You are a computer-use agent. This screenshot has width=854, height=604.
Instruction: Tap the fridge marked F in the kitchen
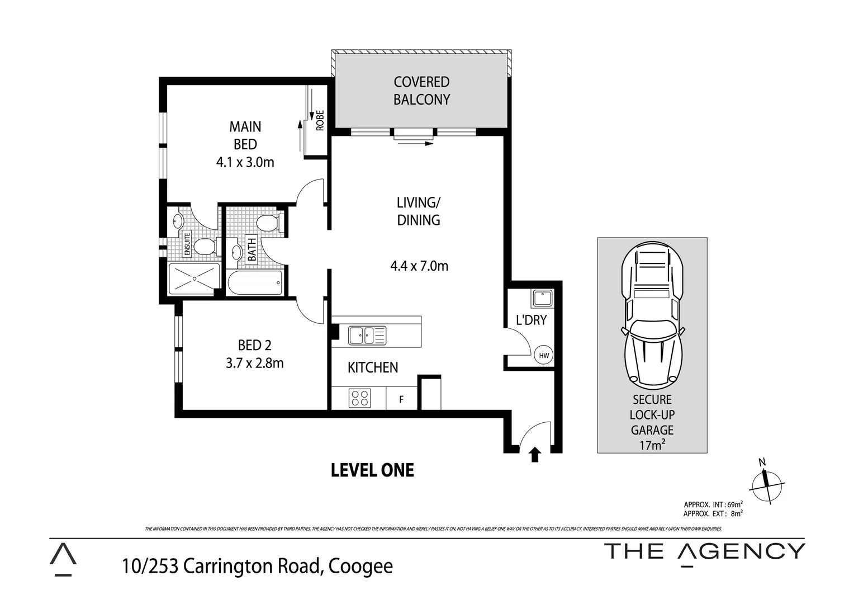point(401,399)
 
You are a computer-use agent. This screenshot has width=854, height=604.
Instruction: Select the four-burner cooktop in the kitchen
point(359,398)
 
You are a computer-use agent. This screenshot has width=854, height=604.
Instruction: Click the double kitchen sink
point(367,335)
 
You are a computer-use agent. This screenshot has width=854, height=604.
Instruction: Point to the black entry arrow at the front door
point(535,455)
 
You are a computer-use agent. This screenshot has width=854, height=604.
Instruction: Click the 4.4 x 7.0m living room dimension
point(419,266)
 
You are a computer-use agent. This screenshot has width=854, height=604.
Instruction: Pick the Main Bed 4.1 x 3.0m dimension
point(245,162)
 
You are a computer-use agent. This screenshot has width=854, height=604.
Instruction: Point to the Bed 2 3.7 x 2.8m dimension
point(254,363)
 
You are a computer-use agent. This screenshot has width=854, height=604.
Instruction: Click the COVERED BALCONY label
point(421,91)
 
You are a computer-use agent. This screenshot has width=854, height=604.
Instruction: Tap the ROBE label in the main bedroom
point(320,120)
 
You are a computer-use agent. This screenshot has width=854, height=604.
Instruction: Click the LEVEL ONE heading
point(372,470)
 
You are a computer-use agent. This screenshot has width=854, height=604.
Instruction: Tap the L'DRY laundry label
point(531,320)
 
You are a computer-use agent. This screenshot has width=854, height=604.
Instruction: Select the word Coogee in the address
point(360,566)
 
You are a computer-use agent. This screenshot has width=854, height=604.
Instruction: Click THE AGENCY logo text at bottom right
point(705,551)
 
